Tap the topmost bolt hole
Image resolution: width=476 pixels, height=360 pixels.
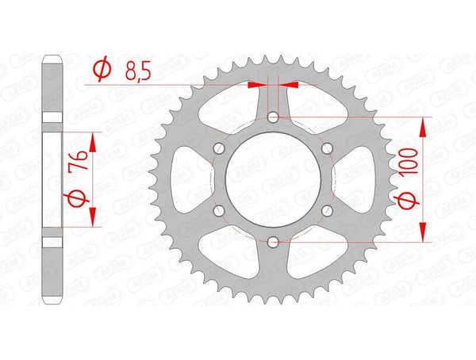coord(272,117)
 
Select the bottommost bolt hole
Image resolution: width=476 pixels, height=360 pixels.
coord(272,242)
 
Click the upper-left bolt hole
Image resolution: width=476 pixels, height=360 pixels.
coord(218,148)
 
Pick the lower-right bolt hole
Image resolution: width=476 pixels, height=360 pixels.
coord(326,211)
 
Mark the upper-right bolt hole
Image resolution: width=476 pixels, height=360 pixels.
coord(326,148)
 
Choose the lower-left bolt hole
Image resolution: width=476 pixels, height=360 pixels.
coord(218,211)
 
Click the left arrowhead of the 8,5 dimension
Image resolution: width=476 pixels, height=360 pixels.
coord(262,82)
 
